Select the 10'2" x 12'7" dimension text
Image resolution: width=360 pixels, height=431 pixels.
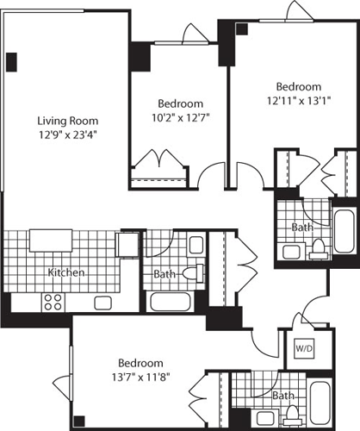coord(180,114)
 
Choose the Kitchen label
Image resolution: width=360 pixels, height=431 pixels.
coord(66,272)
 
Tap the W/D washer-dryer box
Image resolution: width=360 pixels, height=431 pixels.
coord(304,349)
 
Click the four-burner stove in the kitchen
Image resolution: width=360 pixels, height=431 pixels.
coord(52,302)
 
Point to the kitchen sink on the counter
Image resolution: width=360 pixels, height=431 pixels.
coord(104,303)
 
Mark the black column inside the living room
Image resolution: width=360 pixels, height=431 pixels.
coord(11,62)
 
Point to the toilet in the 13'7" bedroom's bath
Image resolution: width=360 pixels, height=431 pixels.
coord(290,417)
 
